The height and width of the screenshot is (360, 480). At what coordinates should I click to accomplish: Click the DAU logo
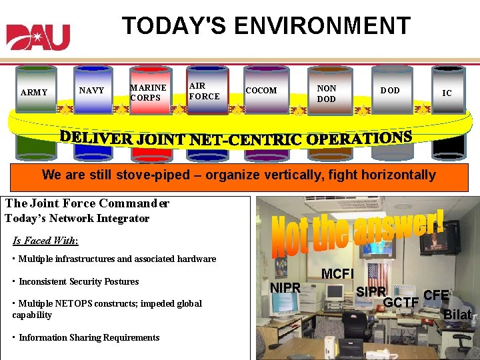[38, 37]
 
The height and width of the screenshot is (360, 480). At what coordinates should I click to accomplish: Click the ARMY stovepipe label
[34, 93]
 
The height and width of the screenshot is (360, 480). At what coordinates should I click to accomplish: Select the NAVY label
[91, 90]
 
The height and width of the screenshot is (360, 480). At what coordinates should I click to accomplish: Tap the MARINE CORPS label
[148, 93]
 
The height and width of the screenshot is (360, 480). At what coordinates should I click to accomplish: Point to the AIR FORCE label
[204, 91]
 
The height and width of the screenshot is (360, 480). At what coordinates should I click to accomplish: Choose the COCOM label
[261, 91]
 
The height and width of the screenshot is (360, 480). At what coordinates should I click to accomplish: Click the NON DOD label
[327, 93]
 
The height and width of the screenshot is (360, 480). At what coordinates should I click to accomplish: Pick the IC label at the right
[447, 93]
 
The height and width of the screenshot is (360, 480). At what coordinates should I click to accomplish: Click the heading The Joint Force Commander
[87, 203]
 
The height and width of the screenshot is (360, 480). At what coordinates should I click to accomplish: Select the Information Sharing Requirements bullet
[88, 337]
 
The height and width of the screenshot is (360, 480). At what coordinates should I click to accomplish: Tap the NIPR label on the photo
[286, 288]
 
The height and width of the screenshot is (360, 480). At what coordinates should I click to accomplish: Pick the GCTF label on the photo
[400, 303]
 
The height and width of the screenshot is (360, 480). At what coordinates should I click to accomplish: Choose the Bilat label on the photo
[457, 315]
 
